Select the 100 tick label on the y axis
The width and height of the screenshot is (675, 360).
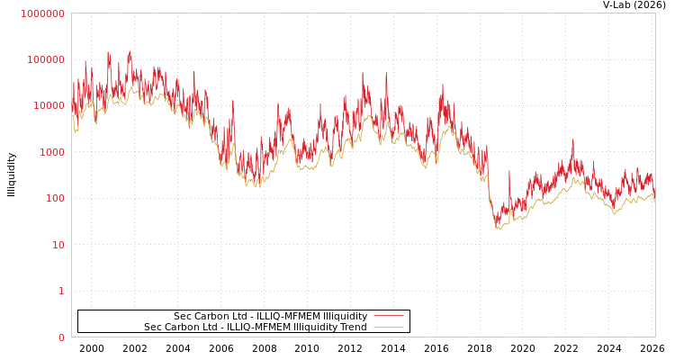[55, 198]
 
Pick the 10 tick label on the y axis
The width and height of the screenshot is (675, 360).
[58, 245]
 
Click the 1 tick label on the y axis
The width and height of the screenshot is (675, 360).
[62, 291]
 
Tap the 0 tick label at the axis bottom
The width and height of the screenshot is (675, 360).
[62, 337]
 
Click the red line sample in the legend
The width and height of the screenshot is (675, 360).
[388, 316]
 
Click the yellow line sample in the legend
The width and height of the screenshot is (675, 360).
[388, 328]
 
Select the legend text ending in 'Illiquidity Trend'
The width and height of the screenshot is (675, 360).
[256, 328]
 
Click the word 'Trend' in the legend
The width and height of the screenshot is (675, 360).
[353, 328]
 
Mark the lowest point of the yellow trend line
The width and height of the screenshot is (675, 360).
[498, 229]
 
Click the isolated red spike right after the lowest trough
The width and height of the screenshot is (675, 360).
[509, 172]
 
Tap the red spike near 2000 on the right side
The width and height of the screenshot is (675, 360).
[572, 140]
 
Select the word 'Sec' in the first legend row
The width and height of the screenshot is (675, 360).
[183, 317]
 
